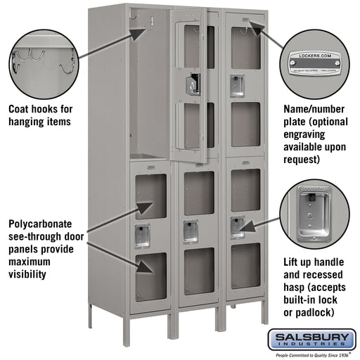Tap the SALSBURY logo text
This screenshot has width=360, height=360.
point(313,339)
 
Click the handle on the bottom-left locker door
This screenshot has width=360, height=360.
point(143,236)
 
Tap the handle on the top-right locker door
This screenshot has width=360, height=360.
point(238,86)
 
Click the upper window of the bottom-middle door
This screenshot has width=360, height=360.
point(199,193)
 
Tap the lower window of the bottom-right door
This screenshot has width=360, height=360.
point(245,265)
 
